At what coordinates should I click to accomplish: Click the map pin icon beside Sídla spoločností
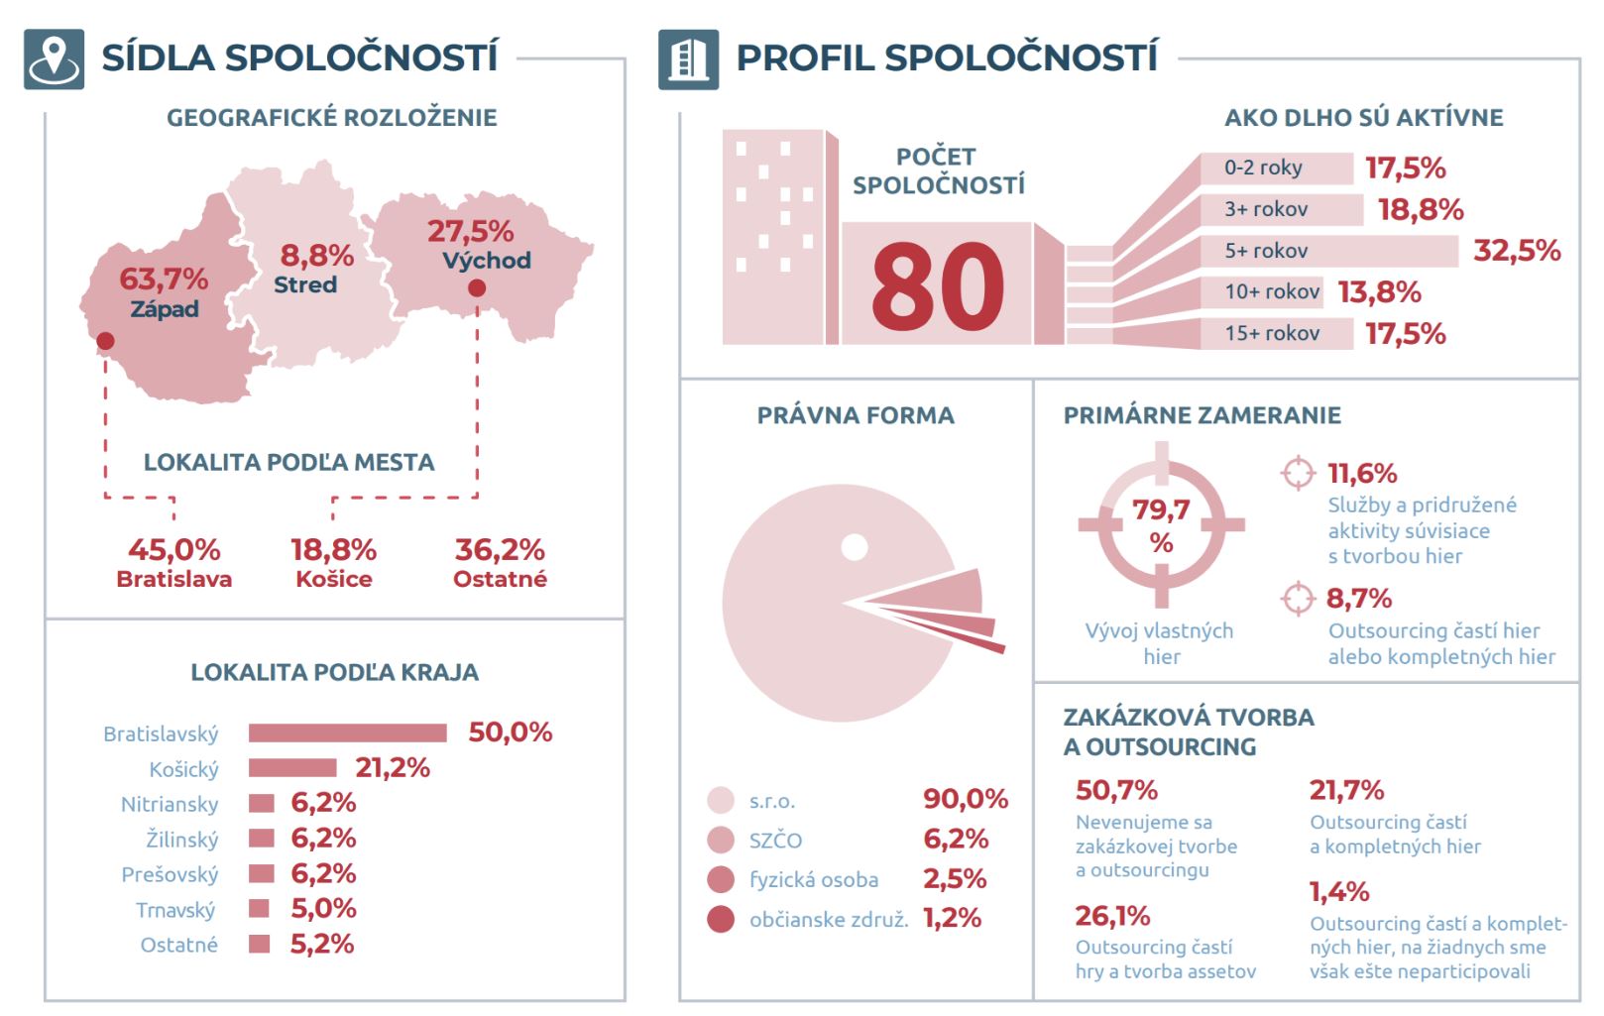point(54,59)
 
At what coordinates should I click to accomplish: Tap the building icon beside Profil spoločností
point(688,59)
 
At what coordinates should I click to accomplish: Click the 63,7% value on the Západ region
point(164,280)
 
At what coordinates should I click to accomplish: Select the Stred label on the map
point(305,284)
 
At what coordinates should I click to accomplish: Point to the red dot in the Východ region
point(477,287)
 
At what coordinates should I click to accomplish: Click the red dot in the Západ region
point(105,341)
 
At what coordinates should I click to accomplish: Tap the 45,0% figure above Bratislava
point(174,550)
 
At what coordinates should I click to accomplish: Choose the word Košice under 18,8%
point(334,579)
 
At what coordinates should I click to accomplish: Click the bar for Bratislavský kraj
point(347,734)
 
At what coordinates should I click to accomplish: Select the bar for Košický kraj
point(292,768)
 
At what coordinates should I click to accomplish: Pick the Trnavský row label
point(175,910)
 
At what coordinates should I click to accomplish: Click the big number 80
point(938,285)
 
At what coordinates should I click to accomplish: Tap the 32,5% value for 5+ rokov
point(1517,251)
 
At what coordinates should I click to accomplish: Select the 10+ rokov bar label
point(1272,291)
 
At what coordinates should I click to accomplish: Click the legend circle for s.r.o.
point(721,801)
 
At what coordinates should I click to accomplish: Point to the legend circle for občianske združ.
point(721,919)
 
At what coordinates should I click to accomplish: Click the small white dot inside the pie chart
point(855,548)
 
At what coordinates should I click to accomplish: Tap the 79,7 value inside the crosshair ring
point(1161,509)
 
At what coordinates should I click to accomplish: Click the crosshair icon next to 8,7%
point(1298,599)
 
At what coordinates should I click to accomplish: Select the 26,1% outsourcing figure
point(1112,916)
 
